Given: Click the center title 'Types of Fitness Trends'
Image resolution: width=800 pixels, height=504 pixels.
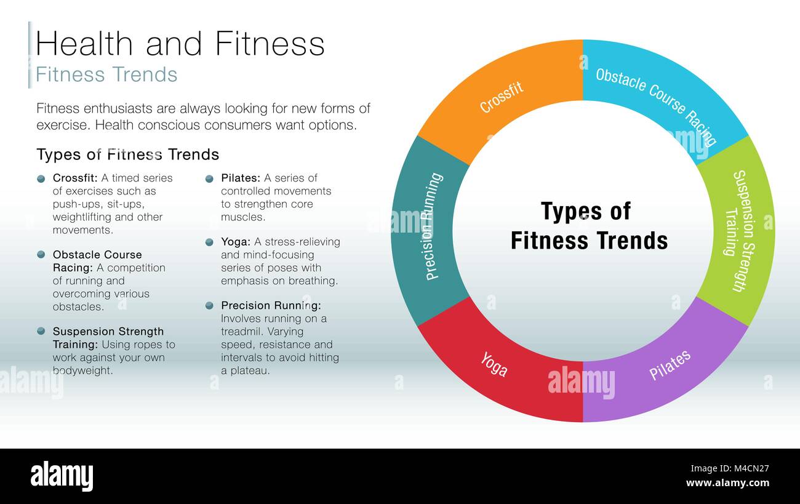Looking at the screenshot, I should pyautogui.click(x=588, y=226).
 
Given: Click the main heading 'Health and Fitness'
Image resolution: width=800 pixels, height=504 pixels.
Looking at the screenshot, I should pyautogui.click(x=180, y=44).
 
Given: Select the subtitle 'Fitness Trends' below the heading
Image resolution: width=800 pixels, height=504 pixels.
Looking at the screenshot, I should pyautogui.click(x=106, y=74).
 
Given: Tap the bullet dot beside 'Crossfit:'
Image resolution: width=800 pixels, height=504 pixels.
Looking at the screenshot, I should pyautogui.click(x=41, y=178).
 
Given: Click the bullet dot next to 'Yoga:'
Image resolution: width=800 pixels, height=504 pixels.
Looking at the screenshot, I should pyautogui.click(x=209, y=242).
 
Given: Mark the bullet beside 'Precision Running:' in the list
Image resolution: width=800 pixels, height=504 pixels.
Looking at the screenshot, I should pyautogui.click(x=209, y=305).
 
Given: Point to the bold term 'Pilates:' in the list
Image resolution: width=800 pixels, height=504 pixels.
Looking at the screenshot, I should pyautogui.click(x=241, y=178).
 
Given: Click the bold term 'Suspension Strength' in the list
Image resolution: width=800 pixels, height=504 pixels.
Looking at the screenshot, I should pyautogui.click(x=108, y=332).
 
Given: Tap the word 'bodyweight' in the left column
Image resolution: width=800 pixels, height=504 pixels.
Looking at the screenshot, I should pyautogui.click(x=82, y=370).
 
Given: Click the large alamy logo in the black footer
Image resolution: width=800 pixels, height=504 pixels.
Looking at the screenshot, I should pyautogui.click(x=62, y=476).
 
